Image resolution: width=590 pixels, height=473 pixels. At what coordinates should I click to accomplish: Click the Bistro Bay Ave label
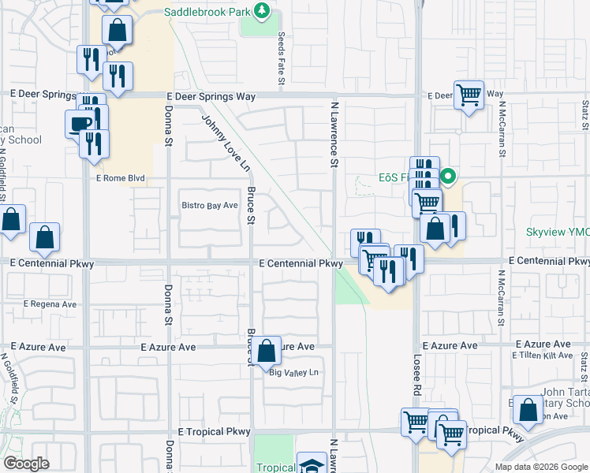point(210,206)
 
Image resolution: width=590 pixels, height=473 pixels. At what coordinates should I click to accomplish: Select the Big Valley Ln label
point(293,372)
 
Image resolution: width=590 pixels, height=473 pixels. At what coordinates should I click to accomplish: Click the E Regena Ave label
point(50,304)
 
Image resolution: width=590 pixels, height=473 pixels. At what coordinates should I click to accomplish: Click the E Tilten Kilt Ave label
point(542,356)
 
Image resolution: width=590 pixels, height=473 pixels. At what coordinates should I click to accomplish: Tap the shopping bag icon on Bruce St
point(267,350)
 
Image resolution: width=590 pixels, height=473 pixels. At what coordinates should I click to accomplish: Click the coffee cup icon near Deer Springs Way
point(79,124)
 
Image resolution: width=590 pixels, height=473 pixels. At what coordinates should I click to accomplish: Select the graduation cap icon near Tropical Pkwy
point(312,464)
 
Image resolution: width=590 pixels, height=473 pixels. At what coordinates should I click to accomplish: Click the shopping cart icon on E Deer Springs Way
point(469,95)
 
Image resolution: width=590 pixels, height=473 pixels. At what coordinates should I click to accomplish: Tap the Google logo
point(27,464)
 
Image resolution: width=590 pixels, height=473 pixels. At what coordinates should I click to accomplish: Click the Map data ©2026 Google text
point(541,467)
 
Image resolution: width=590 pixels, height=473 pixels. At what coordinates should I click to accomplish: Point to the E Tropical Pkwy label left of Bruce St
point(214,432)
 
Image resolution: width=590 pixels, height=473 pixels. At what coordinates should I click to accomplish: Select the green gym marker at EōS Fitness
point(448,177)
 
